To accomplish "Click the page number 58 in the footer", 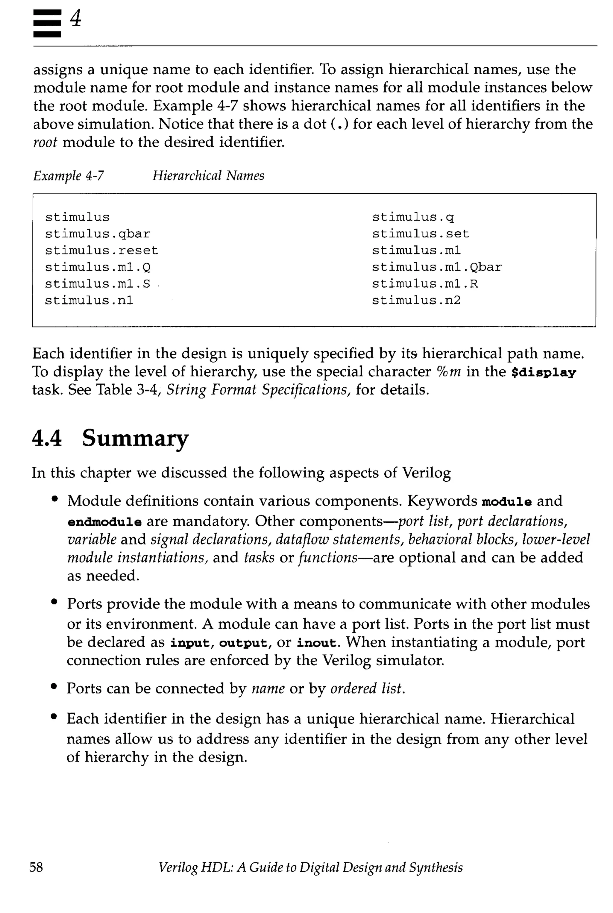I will click(x=36, y=867).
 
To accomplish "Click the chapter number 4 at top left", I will click(x=76, y=19).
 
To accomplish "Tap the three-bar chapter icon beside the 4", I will click(x=47, y=23).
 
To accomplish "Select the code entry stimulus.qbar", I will click(x=97, y=234).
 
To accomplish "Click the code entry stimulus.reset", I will click(x=101, y=250).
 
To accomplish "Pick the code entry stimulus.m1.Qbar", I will click(x=437, y=267).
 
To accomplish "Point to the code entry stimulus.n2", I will click(x=416, y=300).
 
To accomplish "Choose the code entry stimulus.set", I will click(x=420, y=234).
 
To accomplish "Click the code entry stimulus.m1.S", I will click(x=97, y=284).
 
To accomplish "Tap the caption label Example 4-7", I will click(x=69, y=175).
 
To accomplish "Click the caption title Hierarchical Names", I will click(x=208, y=175).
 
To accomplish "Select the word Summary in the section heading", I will click(x=135, y=438).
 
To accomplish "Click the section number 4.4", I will click(x=46, y=438).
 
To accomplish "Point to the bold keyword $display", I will click(x=544, y=372).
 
